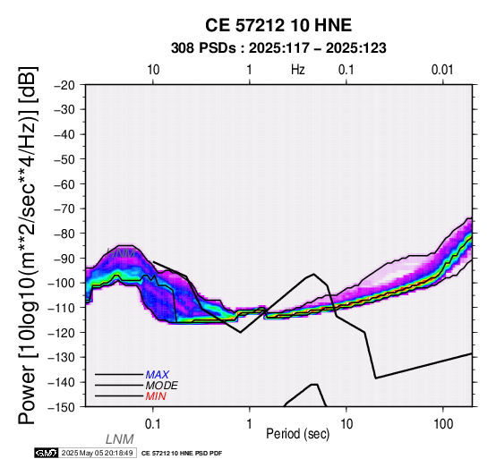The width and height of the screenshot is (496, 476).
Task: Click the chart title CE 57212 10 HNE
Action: [278, 25]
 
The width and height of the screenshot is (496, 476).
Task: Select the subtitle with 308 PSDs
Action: [278, 48]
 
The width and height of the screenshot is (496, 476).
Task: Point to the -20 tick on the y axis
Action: [64, 85]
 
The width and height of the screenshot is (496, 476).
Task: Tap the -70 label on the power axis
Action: [64, 209]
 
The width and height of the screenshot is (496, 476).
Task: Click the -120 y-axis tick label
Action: [62, 333]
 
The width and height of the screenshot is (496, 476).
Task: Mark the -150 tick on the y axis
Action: [62, 407]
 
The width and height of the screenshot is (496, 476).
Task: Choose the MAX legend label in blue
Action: [158, 375]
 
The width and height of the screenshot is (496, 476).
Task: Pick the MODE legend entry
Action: [162, 386]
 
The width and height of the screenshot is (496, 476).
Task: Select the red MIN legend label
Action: [156, 396]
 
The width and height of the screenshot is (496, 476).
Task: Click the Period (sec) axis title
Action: [297, 434]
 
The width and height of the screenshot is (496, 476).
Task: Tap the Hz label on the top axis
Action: [297, 70]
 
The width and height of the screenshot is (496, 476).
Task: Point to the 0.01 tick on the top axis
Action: [442, 70]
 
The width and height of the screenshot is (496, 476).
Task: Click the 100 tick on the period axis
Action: [443, 424]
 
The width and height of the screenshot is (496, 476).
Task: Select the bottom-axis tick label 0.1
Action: [153, 424]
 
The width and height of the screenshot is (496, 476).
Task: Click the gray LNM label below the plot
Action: [120, 439]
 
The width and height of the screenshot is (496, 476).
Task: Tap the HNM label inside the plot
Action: [122, 253]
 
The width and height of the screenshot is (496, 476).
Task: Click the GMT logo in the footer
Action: [47, 453]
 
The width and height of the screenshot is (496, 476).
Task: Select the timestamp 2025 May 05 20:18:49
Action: [97, 453]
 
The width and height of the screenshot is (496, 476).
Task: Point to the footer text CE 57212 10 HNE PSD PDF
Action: [182, 454]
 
